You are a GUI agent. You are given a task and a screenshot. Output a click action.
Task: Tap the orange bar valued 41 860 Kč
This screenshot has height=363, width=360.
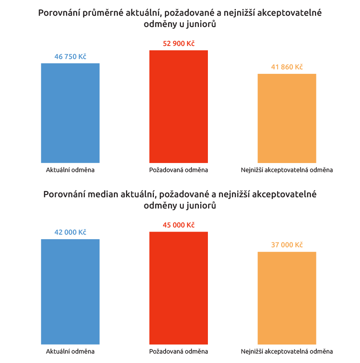coord(287,118)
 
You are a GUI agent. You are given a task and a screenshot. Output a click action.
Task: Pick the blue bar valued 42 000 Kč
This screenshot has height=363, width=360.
coord(70,291)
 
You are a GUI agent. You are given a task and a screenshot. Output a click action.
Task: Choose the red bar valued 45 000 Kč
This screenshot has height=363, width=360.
coord(179,288)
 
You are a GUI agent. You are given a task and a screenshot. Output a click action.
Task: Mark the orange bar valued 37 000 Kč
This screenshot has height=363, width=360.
coord(287,298)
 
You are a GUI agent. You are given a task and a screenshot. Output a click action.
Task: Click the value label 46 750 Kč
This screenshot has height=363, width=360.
coord(70,57)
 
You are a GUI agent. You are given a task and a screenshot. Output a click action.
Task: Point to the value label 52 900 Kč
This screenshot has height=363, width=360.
coord(179,44)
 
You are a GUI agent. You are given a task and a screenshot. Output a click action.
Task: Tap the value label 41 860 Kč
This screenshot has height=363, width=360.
coord(287,67)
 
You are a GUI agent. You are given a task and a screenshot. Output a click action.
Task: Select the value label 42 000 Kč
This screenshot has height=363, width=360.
coord(70,232)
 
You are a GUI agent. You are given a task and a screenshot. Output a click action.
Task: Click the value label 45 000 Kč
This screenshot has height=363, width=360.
coord(179,225)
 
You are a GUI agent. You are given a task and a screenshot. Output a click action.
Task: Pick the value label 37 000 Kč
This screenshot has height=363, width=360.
coord(287,245)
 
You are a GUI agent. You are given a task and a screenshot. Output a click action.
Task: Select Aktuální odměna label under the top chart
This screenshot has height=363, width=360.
coord(70,170)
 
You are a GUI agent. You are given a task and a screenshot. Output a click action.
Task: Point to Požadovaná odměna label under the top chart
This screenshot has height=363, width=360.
coord(179,170)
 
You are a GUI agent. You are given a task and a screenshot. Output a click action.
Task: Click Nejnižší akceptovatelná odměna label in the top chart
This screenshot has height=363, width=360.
coord(287,170)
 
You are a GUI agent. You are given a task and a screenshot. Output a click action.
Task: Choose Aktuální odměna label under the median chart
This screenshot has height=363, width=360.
coord(70,351)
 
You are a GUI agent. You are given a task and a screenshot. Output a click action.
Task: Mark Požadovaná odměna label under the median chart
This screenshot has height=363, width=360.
coord(179,351)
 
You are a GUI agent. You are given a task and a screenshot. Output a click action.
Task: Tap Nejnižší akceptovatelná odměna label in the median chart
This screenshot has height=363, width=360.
coord(287,351)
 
